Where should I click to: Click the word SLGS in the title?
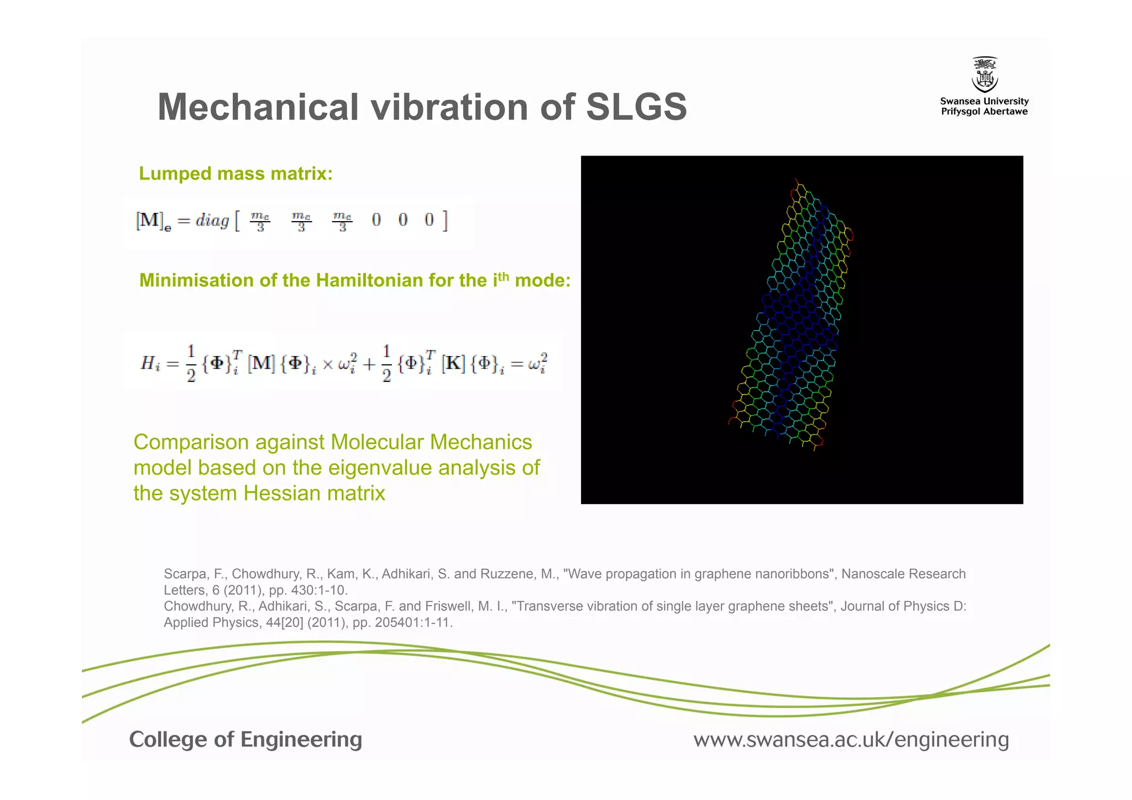click(636, 107)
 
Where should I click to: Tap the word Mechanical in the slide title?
click(258, 107)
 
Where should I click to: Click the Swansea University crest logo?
click(984, 75)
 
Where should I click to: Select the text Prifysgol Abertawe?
click(984, 112)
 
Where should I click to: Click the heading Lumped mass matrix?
click(235, 174)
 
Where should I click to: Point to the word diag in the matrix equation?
click(212, 221)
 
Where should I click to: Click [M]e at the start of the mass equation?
click(153, 221)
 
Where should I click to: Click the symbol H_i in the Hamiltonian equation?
click(150, 363)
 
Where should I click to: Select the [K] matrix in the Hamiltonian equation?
click(453, 363)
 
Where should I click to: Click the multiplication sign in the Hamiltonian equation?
click(328, 364)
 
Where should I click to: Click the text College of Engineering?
click(245, 740)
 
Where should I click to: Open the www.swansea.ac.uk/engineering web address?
click(851, 740)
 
